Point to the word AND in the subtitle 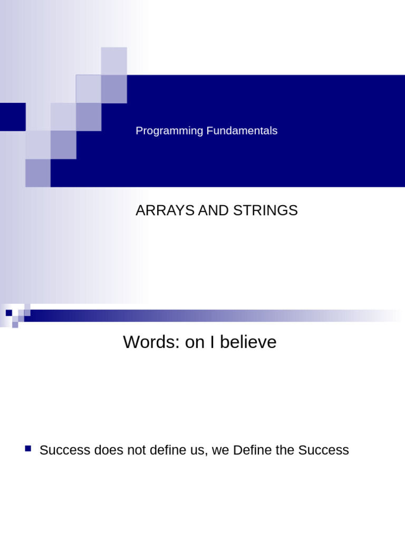[216, 210]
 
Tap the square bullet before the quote [28, 449]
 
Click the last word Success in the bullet [323, 450]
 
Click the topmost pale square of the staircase [114, 60]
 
